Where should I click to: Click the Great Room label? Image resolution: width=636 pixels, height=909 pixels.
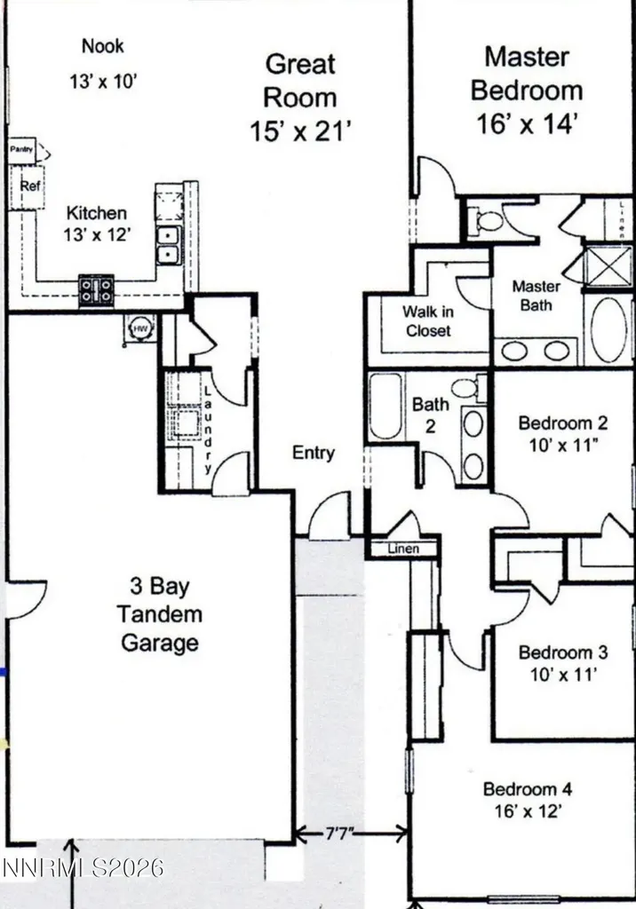(300, 81)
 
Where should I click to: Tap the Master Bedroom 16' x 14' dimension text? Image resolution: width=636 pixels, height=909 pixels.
(527, 124)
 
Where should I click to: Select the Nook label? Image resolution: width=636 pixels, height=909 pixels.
(103, 46)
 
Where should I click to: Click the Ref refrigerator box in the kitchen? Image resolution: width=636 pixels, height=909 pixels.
(27, 186)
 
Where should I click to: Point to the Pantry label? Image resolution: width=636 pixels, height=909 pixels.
(21, 149)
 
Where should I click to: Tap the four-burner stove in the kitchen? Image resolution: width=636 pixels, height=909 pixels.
(96, 290)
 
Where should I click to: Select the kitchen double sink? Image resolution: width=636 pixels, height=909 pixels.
(168, 245)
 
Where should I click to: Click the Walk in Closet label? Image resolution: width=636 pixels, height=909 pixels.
(428, 321)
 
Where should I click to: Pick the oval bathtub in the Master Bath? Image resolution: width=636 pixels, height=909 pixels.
(608, 330)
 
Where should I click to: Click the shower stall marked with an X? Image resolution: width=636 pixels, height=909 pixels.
(608, 266)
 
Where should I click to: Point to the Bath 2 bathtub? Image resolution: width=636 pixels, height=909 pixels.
(386, 406)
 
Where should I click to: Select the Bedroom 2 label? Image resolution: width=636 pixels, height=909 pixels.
(563, 423)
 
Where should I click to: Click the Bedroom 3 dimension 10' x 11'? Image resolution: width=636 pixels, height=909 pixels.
(563, 675)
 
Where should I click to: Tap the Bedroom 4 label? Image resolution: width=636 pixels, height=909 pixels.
(528, 789)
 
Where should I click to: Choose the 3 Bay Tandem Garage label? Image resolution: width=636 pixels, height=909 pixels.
(160, 614)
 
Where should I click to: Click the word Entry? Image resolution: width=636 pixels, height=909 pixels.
(314, 452)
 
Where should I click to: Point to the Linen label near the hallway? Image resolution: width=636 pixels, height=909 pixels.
(403, 549)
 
